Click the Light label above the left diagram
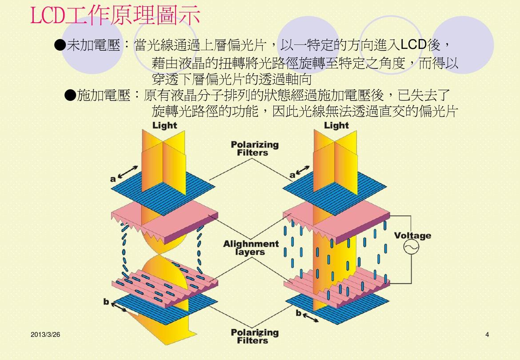164,125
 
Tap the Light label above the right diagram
336,125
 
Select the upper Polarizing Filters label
255,148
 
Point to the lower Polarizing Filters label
255,336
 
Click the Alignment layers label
251,248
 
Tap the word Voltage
412,236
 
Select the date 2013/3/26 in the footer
45,334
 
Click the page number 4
487,335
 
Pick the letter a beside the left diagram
113,179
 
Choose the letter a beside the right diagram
292,175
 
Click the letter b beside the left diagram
106,302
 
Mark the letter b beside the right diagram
299,313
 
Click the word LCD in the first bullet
413,45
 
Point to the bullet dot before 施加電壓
70,95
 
